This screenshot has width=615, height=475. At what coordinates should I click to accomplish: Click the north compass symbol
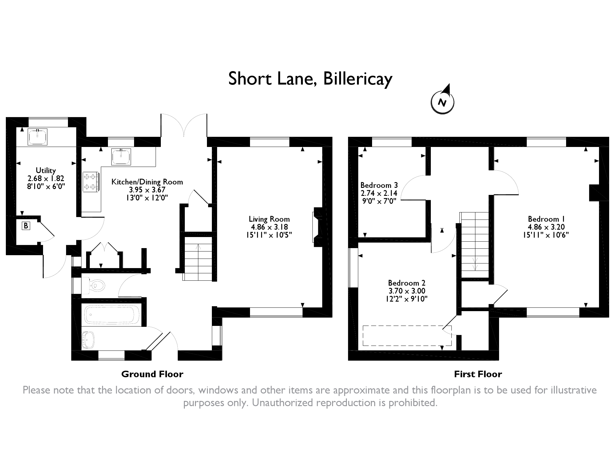coord(442,101)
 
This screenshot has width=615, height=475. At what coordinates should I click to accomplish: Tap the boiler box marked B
coord(26,226)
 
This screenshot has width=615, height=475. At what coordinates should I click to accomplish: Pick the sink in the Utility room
coord(38,137)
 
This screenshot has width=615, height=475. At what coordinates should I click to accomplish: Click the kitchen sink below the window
coord(121,156)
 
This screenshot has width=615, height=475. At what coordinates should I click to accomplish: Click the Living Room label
coord(269,219)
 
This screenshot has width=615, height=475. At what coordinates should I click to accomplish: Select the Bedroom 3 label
coord(379,185)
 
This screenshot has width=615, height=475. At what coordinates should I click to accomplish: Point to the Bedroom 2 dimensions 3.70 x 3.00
coord(407,291)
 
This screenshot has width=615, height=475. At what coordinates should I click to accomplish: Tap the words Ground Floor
coord(152,374)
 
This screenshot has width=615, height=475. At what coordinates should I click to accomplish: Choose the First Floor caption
coord(478,374)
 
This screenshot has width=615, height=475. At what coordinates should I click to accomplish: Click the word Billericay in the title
coord(358,79)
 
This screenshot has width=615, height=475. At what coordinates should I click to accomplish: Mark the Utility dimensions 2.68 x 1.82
coord(46,178)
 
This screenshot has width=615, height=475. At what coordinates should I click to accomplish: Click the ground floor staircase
coord(198,258)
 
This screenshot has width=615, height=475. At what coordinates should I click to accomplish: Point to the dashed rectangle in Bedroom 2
coord(407,335)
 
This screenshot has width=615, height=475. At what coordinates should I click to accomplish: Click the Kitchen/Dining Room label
coord(147,182)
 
